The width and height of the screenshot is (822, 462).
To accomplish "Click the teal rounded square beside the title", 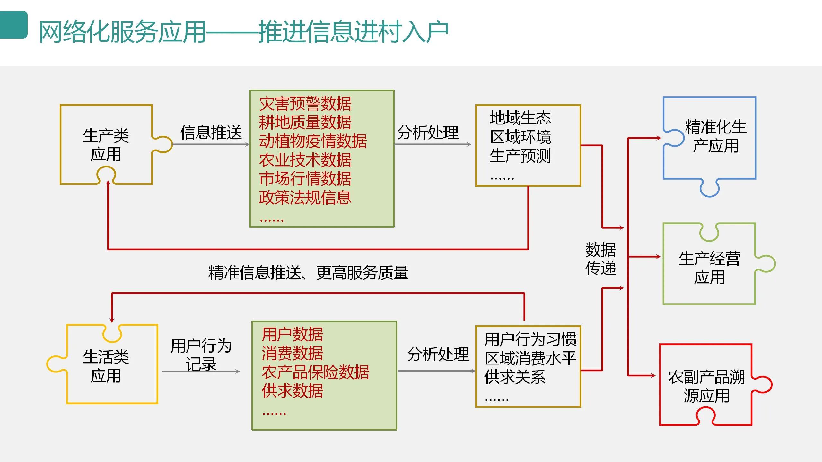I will (x=13, y=25).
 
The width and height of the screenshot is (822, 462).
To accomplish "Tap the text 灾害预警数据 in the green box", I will (x=305, y=104).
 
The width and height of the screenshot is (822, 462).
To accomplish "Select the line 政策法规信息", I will (x=305, y=197).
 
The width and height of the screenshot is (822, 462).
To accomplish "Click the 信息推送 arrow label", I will (x=211, y=133).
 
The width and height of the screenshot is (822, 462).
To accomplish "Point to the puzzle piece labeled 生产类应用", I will (x=106, y=144).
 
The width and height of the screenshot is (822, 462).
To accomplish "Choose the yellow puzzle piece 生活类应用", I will (x=106, y=366).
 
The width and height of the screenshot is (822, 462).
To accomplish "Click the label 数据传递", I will (x=600, y=259).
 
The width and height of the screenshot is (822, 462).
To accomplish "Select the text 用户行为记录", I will (x=201, y=355).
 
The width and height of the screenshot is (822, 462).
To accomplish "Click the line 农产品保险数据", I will (x=315, y=372).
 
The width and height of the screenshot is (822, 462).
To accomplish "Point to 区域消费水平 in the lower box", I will (x=530, y=358).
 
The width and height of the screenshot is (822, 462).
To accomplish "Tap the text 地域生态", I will (x=520, y=118).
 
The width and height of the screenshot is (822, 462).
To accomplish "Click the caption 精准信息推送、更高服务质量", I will (x=308, y=273).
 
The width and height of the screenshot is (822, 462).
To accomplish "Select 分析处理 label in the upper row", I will (x=428, y=133).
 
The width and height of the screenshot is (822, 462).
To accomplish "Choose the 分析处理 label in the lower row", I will (x=438, y=354).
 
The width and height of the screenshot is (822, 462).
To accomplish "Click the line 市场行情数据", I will (x=305, y=179).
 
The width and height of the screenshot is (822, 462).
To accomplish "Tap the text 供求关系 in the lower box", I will (x=515, y=377).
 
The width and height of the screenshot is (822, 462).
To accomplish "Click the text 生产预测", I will (x=520, y=156).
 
